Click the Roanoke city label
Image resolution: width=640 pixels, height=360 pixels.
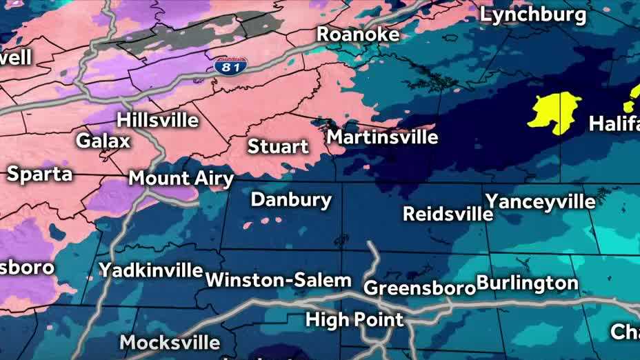[358, 34]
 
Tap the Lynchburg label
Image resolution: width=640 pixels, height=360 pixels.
[533, 14]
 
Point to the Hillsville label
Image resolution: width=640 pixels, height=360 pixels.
[157, 119]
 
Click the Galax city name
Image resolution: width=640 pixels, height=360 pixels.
[103, 141]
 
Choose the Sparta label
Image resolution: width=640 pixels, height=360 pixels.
[39, 173]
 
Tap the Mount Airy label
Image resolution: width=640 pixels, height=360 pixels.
[181, 179]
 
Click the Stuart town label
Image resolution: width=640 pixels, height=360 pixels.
[278, 146]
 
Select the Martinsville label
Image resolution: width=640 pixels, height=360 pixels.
[382, 137]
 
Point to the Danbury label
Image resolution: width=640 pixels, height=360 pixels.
[291, 200]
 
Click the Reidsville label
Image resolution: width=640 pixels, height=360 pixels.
[448, 214]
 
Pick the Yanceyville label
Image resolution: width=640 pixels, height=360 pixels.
[540, 201]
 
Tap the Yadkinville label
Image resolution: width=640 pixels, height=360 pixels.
[150, 270]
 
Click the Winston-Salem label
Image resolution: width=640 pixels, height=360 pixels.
[279, 281]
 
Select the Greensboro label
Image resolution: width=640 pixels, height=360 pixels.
[419, 287]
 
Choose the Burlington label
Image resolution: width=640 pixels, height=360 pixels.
[527, 283]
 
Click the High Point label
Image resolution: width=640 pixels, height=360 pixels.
[354, 319]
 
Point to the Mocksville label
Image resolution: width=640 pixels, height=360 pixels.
[170, 342]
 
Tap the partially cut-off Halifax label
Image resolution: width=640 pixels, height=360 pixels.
[614, 124]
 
